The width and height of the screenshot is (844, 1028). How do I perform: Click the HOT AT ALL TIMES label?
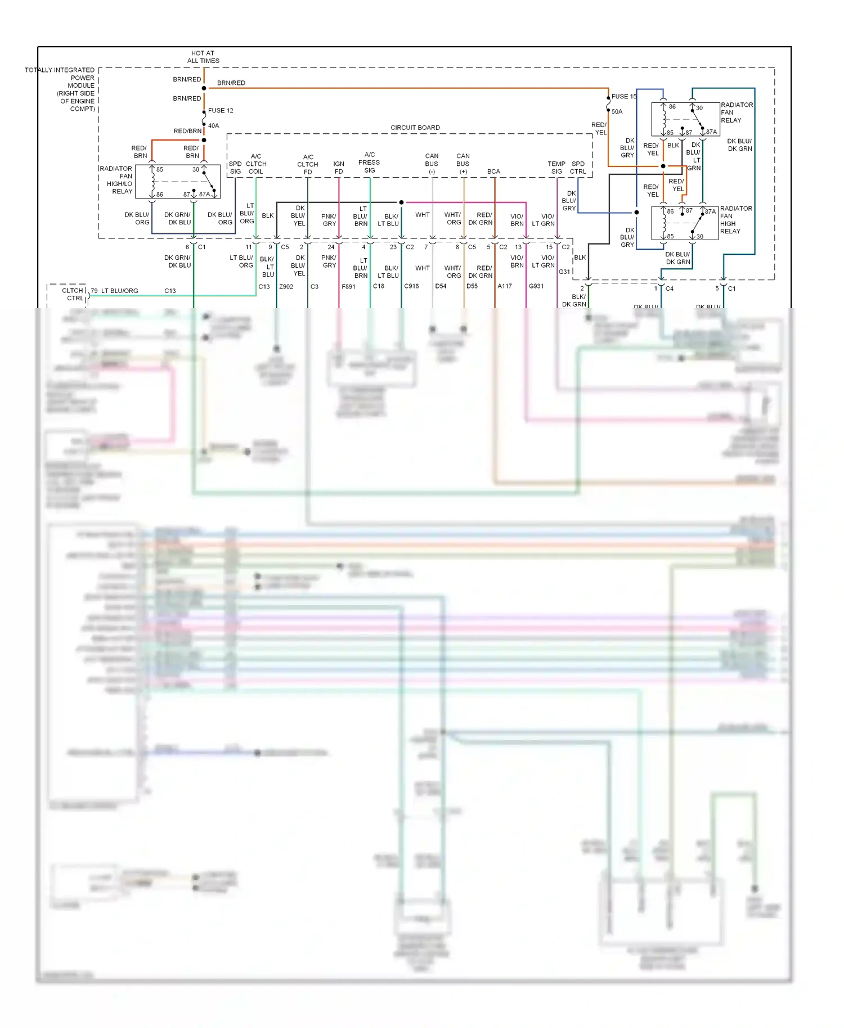click(x=203, y=57)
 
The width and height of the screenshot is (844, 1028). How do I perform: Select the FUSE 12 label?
click(x=221, y=111)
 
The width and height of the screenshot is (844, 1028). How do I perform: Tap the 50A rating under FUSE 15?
click(x=617, y=112)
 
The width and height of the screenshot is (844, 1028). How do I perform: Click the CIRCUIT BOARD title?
click(x=415, y=128)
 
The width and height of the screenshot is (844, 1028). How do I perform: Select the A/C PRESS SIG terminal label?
click(x=369, y=163)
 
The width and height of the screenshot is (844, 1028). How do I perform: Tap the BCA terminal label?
click(x=493, y=172)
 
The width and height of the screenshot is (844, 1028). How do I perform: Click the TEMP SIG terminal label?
click(x=556, y=168)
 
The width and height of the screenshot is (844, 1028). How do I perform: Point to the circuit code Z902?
click(x=286, y=287)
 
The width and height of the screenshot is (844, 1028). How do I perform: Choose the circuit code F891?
click(x=348, y=287)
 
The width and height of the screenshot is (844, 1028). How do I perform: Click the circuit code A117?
click(x=505, y=286)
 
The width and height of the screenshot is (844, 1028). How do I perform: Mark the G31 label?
click(x=564, y=272)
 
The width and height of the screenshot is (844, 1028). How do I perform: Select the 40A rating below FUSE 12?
click(x=214, y=126)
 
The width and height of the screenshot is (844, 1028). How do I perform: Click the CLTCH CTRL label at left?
click(x=73, y=294)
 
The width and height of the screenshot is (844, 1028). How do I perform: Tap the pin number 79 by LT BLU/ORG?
click(x=94, y=291)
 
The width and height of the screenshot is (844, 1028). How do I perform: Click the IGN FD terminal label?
click(x=339, y=168)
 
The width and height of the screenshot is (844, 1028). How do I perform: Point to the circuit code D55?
click(x=472, y=286)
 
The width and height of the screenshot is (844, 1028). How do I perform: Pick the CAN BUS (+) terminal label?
click(x=463, y=164)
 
